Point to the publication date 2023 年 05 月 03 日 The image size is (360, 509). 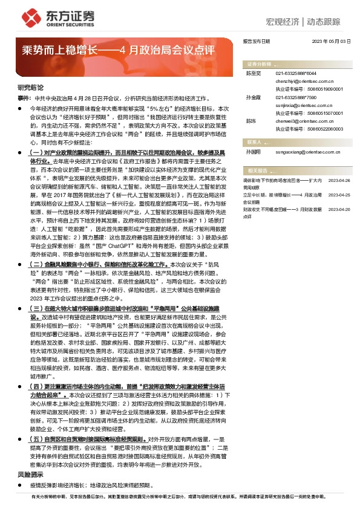tap(331, 41)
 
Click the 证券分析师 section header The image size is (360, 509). tap(258, 63)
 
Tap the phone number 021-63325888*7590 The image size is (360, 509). tap(296, 97)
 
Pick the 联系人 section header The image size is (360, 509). tap(254, 143)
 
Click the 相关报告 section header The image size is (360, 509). tap(254, 172)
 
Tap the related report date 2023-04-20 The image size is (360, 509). tap(339, 209)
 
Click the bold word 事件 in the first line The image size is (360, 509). tap(23, 97)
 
